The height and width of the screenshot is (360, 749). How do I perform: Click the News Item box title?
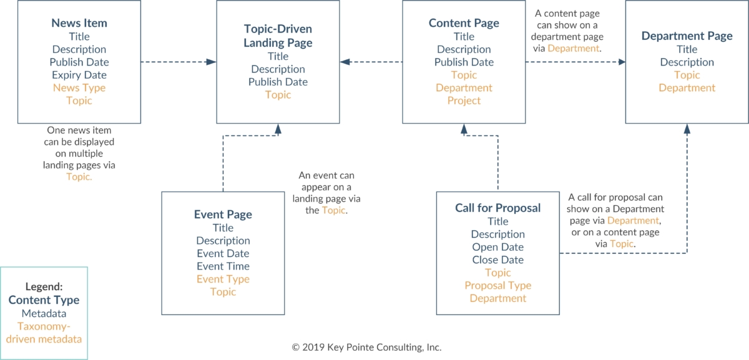click(79, 23)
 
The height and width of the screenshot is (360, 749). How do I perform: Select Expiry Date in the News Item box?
click(79, 75)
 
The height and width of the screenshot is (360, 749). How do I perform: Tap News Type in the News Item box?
click(79, 88)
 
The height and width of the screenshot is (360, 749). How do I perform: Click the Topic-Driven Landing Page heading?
click(278, 36)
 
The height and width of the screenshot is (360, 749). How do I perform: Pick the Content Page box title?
click(464, 23)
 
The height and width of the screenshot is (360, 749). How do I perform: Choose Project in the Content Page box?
click(464, 100)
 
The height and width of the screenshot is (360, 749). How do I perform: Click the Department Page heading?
click(687, 36)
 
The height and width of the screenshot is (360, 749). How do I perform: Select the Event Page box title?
click(223, 214)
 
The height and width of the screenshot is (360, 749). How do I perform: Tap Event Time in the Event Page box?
click(223, 266)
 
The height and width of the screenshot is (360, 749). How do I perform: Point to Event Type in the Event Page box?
click(223, 279)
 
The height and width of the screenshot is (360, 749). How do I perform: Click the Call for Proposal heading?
click(497, 208)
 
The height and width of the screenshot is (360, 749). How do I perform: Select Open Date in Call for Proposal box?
click(497, 247)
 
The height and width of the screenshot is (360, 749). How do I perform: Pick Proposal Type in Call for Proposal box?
click(497, 286)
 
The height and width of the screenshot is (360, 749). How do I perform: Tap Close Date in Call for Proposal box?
click(497, 260)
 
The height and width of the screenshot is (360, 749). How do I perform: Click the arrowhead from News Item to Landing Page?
click(211, 62)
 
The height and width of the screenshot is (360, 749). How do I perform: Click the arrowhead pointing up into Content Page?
click(464, 129)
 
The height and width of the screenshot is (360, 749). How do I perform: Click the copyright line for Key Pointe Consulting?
click(366, 348)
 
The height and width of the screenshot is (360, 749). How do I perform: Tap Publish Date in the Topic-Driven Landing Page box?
click(278, 82)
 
